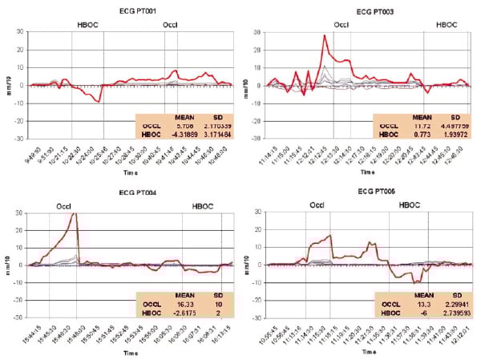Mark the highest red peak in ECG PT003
(325, 35)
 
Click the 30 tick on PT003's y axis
(258, 32)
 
